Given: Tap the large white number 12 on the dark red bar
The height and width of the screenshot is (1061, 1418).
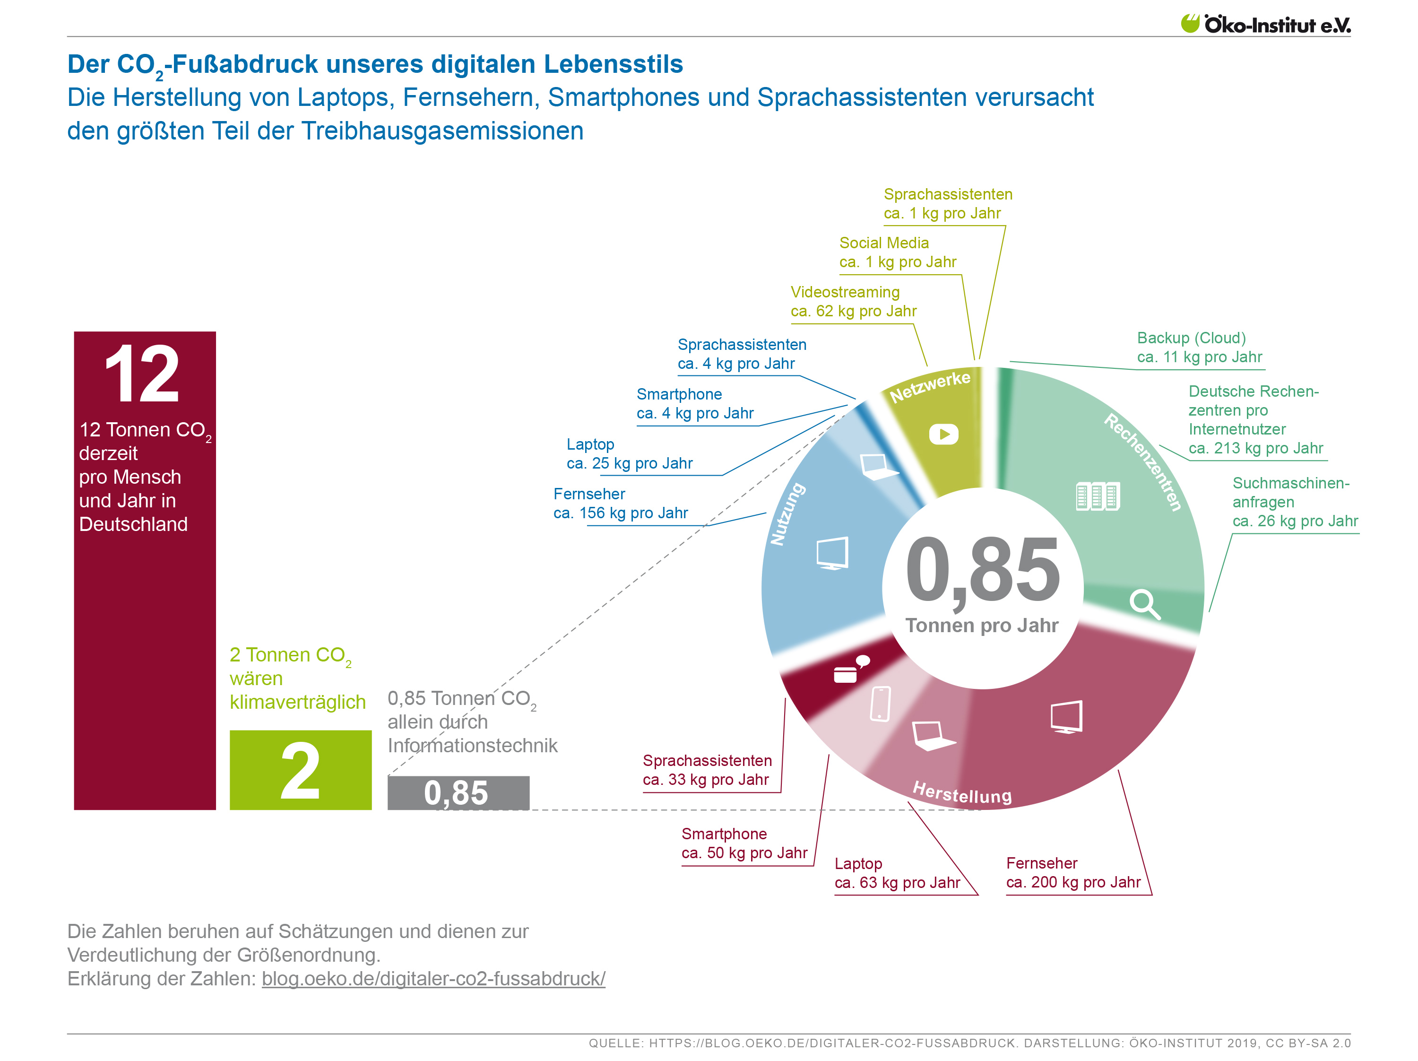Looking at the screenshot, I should (x=142, y=374).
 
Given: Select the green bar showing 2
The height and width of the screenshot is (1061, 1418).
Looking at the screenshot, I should (x=300, y=769).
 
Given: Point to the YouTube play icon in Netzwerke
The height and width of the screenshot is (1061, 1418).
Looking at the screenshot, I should (x=943, y=434).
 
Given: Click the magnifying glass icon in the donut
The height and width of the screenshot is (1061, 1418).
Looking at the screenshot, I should (x=1144, y=604).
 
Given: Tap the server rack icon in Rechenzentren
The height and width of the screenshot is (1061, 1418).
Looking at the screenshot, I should (x=1098, y=496).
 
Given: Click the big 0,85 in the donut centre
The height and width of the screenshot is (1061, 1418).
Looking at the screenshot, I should (x=982, y=569).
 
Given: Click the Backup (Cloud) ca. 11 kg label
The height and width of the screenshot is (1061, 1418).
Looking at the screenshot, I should (x=1199, y=348).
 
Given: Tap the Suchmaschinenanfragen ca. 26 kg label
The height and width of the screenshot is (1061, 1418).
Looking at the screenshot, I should (x=1294, y=502).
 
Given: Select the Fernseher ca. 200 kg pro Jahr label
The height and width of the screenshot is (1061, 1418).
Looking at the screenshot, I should (x=1072, y=872).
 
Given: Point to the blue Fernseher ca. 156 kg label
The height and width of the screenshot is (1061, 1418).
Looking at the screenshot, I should (x=620, y=503).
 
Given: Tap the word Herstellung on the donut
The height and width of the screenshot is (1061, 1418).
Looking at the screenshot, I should (x=961, y=793).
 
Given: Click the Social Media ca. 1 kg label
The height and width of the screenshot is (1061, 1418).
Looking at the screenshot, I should (x=897, y=252).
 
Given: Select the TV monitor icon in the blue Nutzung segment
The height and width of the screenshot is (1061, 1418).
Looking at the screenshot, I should (x=832, y=553).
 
